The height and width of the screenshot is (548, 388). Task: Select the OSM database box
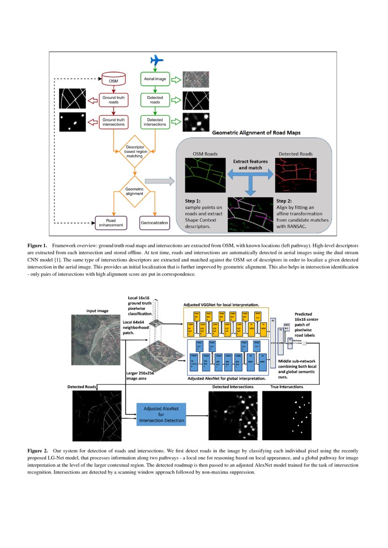[114, 79]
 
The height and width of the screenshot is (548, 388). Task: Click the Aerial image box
[155, 80]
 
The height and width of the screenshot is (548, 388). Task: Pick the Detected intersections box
[155, 122]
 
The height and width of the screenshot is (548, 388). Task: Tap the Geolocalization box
[154, 223]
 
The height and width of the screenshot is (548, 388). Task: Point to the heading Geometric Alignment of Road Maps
[257, 133]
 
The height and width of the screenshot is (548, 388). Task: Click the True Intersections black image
[287, 415]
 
